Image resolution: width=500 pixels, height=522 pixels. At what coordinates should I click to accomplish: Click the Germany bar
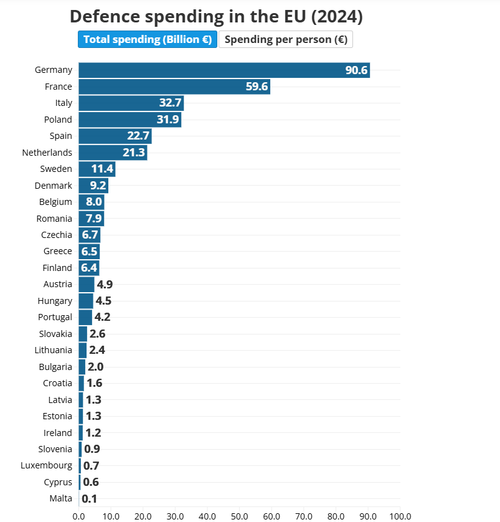pyautogui.click(x=224, y=70)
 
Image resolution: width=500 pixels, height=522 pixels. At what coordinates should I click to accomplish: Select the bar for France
pyautogui.click(x=174, y=87)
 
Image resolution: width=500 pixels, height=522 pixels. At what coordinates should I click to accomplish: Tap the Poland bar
pyautogui.click(x=130, y=120)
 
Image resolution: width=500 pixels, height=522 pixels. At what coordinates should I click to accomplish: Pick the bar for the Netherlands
pyautogui.click(x=113, y=153)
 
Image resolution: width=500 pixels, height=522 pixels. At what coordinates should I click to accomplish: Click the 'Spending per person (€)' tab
pyautogui.click(x=286, y=39)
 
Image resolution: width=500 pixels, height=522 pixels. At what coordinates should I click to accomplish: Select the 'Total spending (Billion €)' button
pyautogui.click(x=148, y=39)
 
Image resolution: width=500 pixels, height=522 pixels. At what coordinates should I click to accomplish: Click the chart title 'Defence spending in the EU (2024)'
pyautogui.click(x=216, y=17)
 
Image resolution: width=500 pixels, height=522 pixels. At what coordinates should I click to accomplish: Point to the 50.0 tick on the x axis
pyautogui.click(x=239, y=516)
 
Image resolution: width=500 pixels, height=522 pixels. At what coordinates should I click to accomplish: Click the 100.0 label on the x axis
pyautogui.click(x=400, y=516)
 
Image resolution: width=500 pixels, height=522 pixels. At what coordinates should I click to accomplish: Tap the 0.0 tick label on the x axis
pyautogui.click(x=78, y=516)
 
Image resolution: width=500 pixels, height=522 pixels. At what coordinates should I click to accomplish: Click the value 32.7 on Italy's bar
pyautogui.click(x=170, y=103)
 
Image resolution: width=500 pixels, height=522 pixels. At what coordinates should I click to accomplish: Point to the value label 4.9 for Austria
pyautogui.click(x=104, y=285)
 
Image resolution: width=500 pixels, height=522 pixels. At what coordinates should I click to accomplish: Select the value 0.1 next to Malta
pyautogui.click(x=89, y=498)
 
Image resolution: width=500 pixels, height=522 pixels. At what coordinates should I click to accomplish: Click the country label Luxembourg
pyautogui.click(x=46, y=465)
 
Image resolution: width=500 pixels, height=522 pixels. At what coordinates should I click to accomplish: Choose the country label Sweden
pyautogui.click(x=56, y=169)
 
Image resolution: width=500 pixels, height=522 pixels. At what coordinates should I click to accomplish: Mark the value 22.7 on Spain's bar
pyautogui.click(x=138, y=136)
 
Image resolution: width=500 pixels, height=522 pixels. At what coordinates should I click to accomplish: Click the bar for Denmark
pyautogui.click(x=93, y=186)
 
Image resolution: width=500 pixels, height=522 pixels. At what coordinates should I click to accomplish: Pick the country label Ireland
pyautogui.click(x=58, y=433)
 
